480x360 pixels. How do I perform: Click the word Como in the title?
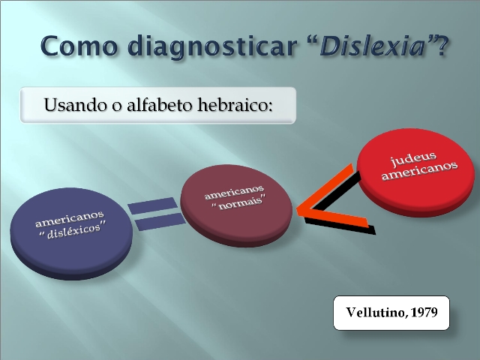coord(79,46)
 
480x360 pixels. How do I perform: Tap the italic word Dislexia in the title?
coord(373,46)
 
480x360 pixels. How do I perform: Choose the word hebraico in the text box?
coord(233,105)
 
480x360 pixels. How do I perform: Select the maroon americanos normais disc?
coord(236,205)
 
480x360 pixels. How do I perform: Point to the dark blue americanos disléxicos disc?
coord(71,233)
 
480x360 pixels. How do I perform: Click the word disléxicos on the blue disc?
coord(73,230)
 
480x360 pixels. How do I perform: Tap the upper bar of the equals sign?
coord(153,205)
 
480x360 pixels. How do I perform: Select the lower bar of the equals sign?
coord(160,222)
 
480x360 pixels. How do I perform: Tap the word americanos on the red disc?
coord(420,171)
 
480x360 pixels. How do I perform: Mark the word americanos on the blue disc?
coord(70,218)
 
